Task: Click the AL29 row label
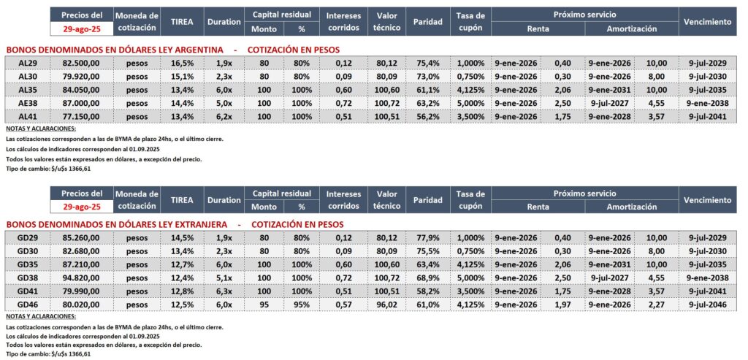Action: (x=27, y=64)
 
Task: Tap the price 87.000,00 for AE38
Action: (x=81, y=103)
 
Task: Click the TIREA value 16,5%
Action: (x=183, y=64)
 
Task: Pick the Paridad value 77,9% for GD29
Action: (x=427, y=237)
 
